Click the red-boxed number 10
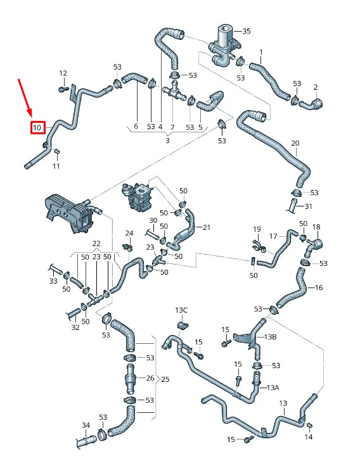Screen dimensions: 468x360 click(x=37, y=128)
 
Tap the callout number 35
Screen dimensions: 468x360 click(x=247, y=30)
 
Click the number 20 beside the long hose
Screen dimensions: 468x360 click(x=295, y=144)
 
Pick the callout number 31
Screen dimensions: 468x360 click(x=309, y=206)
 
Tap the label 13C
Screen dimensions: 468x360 click(x=181, y=310)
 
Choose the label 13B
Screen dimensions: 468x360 click(x=271, y=337)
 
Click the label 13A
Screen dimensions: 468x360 click(x=273, y=387)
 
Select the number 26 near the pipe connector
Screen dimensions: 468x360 click(x=150, y=379)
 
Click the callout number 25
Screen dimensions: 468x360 click(x=165, y=379)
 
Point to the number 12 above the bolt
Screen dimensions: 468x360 click(x=63, y=73)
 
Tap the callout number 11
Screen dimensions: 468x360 click(x=56, y=166)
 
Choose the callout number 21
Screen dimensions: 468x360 click(x=206, y=227)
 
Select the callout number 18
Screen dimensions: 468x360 click(x=316, y=227)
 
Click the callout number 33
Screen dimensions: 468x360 click(x=53, y=281)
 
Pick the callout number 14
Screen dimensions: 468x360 click(x=309, y=437)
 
